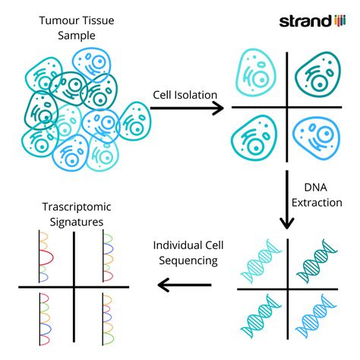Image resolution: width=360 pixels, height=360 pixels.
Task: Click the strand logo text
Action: (305, 21)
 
